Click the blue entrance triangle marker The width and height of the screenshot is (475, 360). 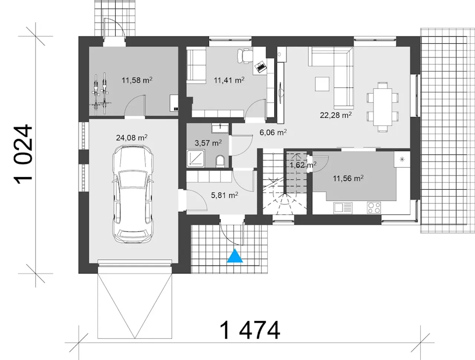pyautogui.click(x=235, y=256)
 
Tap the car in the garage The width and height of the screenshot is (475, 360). pyautogui.click(x=133, y=194)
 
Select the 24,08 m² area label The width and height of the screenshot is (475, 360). pyautogui.click(x=132, y=138)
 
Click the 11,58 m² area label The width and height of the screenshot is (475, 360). pyautogui.click(x=137, y=80)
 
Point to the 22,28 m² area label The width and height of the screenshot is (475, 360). pyautogui.click(x=335, y=115)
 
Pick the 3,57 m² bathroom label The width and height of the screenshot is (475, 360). pyautogui.click(x=208, y=143)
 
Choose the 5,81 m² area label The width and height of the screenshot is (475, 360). pyautogui.click(x=225, y=195)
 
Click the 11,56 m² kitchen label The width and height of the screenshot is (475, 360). pyautogui.click(x=348, y=178)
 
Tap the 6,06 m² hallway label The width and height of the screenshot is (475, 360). pyautogui.click(x=273, y=132)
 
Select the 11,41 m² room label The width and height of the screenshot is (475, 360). pyautogui.click(x=229, y=80)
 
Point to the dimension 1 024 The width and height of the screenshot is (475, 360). pyautogui.click(x=23, y=154)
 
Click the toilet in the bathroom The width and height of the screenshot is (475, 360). pyautogui.click(x=220, y=161)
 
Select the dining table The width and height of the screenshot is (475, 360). pyautogui.click(x=383, y=107)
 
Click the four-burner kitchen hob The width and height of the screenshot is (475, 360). pyautogui.click(x=374, y=208)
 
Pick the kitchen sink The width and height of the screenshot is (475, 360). pyautogui.click(x=343, y=208)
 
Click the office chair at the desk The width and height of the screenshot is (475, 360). pyautogui.click(x=245, y=56)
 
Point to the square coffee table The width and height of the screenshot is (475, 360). pyautogui.click(x=322, y=84)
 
